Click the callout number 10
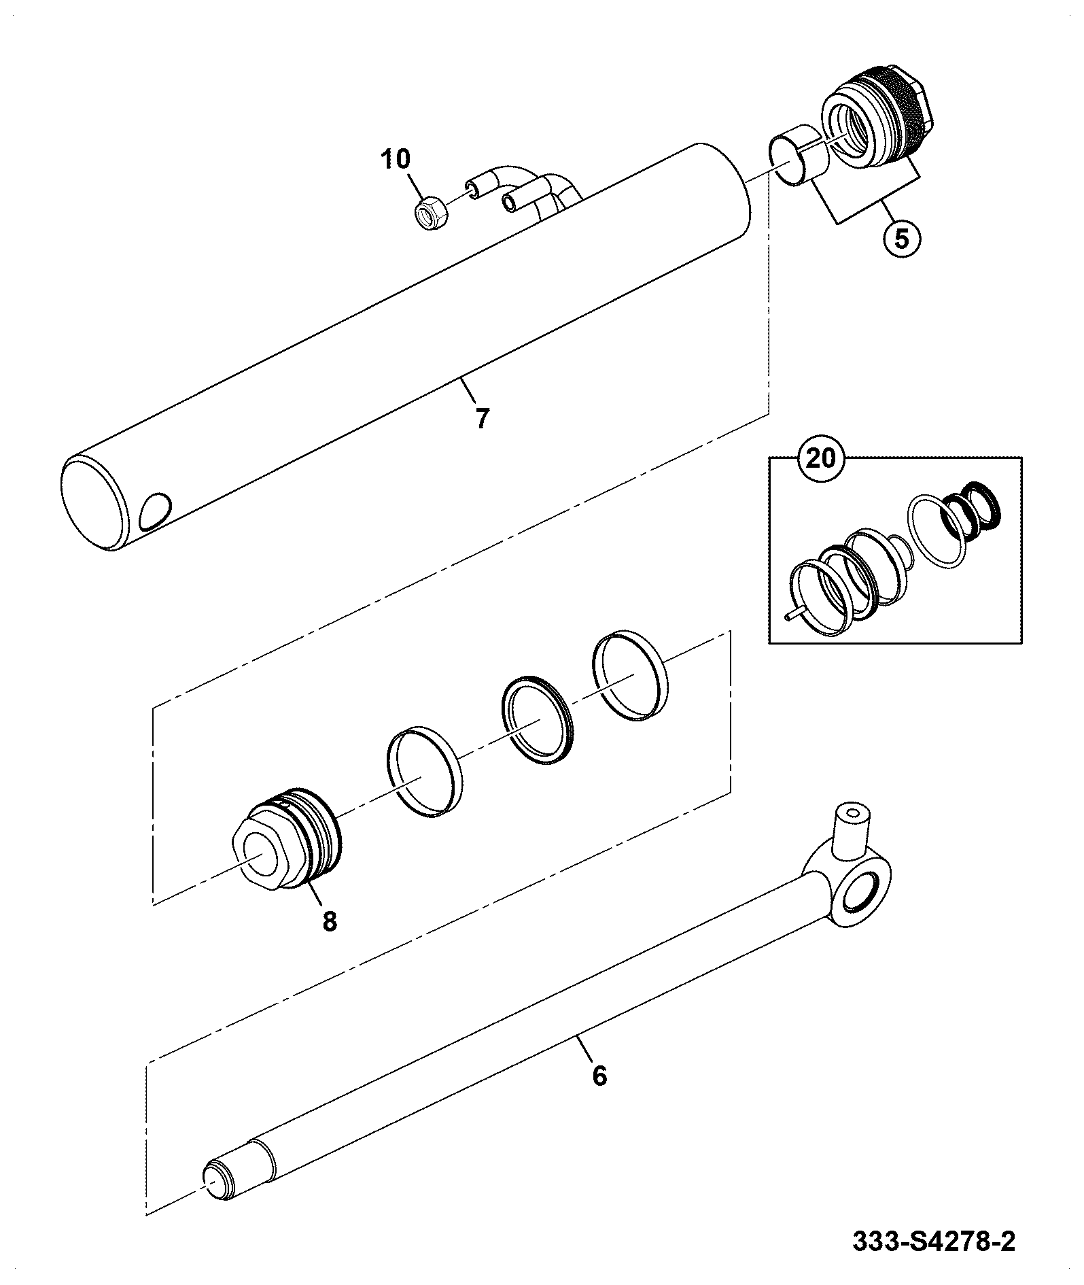(396, 160)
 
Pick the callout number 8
(330, 922)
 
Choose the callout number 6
(599, 1095)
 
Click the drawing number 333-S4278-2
(934, 1242)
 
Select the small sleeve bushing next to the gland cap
(800, 154)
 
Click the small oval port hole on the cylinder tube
(156, 511)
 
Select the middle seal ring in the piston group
(538, 720)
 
